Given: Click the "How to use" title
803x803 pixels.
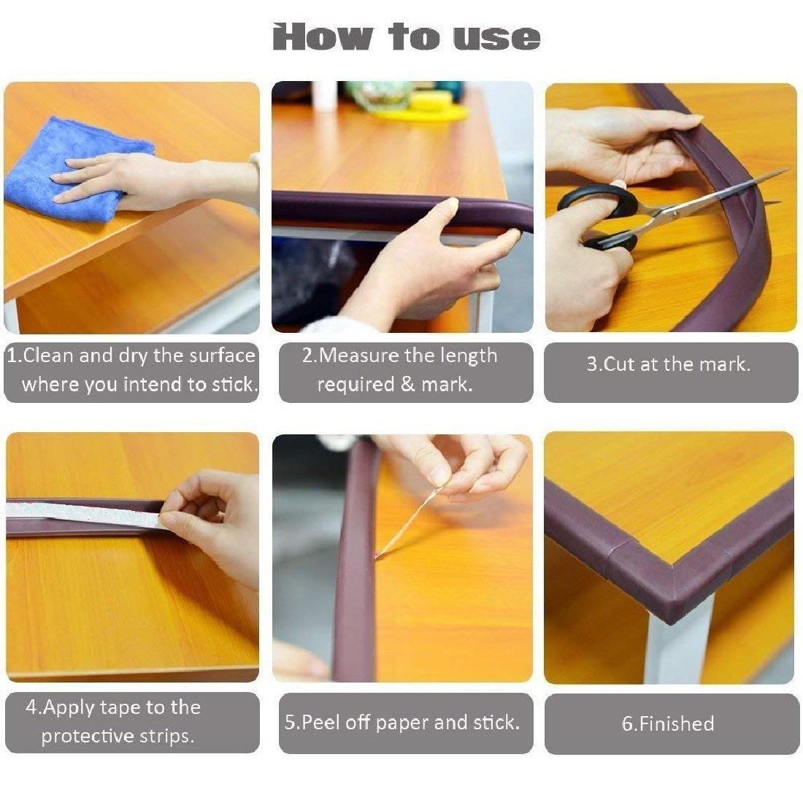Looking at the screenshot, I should click(406, 37).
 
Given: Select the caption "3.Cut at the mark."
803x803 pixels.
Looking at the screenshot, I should click(669, 364).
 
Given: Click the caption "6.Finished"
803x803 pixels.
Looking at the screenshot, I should click(667, 723).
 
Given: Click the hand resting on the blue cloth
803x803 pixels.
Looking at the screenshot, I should click(109, 179).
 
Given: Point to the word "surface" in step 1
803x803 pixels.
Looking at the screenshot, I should click(222, 356).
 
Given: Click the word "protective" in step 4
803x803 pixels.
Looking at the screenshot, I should click(85, 736).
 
